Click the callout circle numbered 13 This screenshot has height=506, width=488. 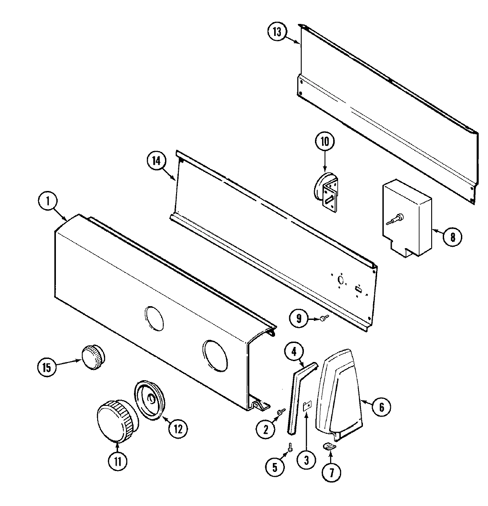click(x=277, y=32)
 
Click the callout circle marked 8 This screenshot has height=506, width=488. click(x=452, y=237)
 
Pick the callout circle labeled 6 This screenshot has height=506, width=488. click(x=381, y=407)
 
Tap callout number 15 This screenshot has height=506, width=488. click(x=47, y=367)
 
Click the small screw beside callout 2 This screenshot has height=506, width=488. click(x=279, y=412)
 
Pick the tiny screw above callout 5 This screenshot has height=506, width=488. click(x=289, y=448)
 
